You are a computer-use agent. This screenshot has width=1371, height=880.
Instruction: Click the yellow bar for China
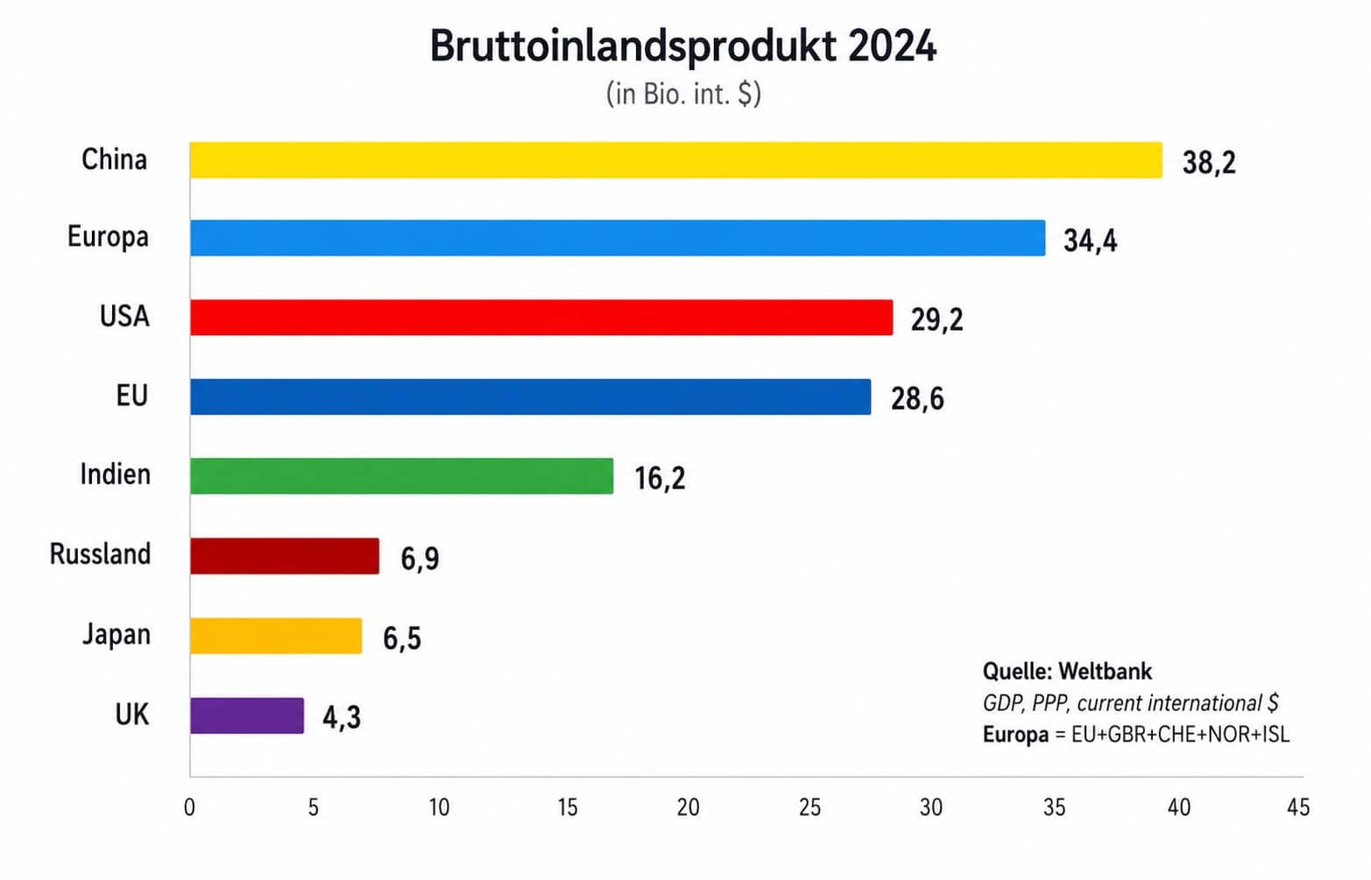click(675, 160)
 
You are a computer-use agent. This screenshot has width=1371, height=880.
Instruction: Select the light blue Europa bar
click(618, 238)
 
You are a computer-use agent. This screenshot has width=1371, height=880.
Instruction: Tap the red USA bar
click(541, 317)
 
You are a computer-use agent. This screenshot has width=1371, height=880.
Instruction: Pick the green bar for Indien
click(401, 475)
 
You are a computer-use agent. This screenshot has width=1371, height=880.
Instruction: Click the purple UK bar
click(247, 715)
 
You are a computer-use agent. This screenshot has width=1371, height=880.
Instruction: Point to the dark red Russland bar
click(285, 556)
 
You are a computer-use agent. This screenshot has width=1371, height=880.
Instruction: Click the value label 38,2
click(1208, 163)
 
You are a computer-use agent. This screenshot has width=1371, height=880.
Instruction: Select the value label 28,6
click(917, 399)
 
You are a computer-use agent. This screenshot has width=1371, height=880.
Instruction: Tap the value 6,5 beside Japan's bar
click(402, 638)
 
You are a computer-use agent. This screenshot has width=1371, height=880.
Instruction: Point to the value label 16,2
click(660, 478)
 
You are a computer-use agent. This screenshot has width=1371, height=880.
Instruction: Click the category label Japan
click(117, 634)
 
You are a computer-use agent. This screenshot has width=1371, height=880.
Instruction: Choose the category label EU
click(131, 396)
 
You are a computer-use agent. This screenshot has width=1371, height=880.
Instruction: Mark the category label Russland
click(100, 554)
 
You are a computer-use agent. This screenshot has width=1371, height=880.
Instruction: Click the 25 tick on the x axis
click(809, 807)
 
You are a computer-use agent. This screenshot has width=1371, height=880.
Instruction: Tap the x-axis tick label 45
click(1297, 807)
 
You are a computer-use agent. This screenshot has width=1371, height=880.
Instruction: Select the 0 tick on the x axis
click(189, 807)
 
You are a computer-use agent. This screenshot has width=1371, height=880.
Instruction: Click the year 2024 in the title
click(892, 46)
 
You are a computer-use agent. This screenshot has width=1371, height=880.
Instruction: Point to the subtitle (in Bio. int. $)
click(683, 94)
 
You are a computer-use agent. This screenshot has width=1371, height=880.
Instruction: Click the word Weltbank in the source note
click(1105, 672)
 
